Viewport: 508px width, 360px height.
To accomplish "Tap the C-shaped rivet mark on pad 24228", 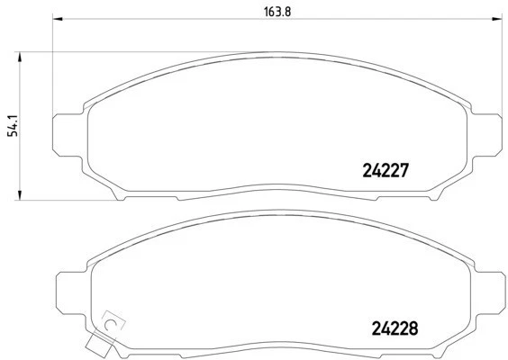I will coord(112,319).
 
